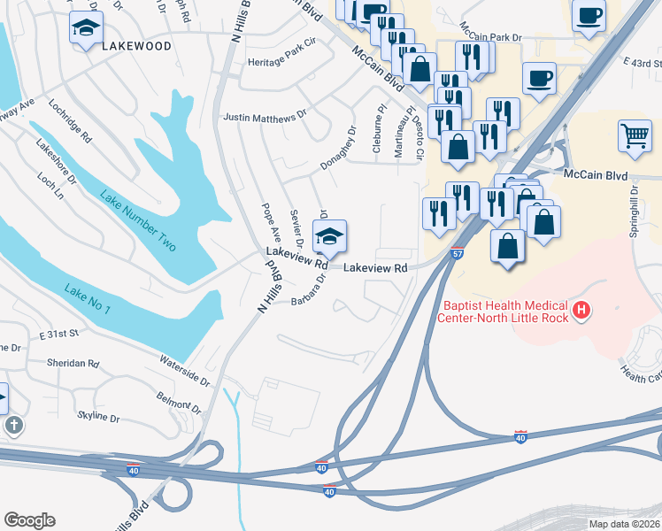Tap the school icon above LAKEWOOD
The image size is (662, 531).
click(x=86, y=29)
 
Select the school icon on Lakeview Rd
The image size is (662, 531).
click(x=329, y=237)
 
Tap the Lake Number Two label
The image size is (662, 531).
click(x=138, y=220)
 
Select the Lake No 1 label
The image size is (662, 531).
click(x=87, y=298)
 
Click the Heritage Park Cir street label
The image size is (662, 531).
click(x=281, y=65)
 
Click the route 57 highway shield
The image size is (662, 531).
click(x=458, y=253)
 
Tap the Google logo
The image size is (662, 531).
click(x=29, y=520)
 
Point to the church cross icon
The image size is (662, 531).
click(x=14, y=426)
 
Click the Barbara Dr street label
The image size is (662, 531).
click(x=309, y=290)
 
